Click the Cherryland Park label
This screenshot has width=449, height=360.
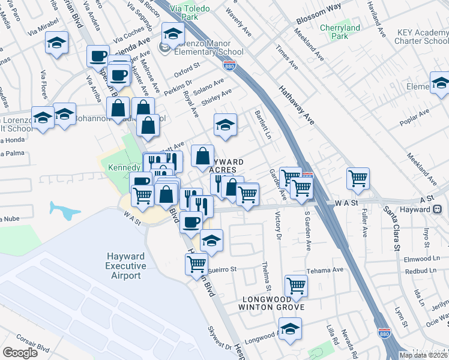[x=340, y=32]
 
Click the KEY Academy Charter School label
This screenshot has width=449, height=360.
[x=422, y=37]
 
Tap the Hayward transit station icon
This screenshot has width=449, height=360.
[x=438, y=209]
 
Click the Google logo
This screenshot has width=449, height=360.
[x=20, y=352]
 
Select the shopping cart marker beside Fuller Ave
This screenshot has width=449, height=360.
[x=358, y=177]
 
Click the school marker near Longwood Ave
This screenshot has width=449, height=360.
[x=290, y=328]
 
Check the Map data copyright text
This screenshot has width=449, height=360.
[x=423, y=355]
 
